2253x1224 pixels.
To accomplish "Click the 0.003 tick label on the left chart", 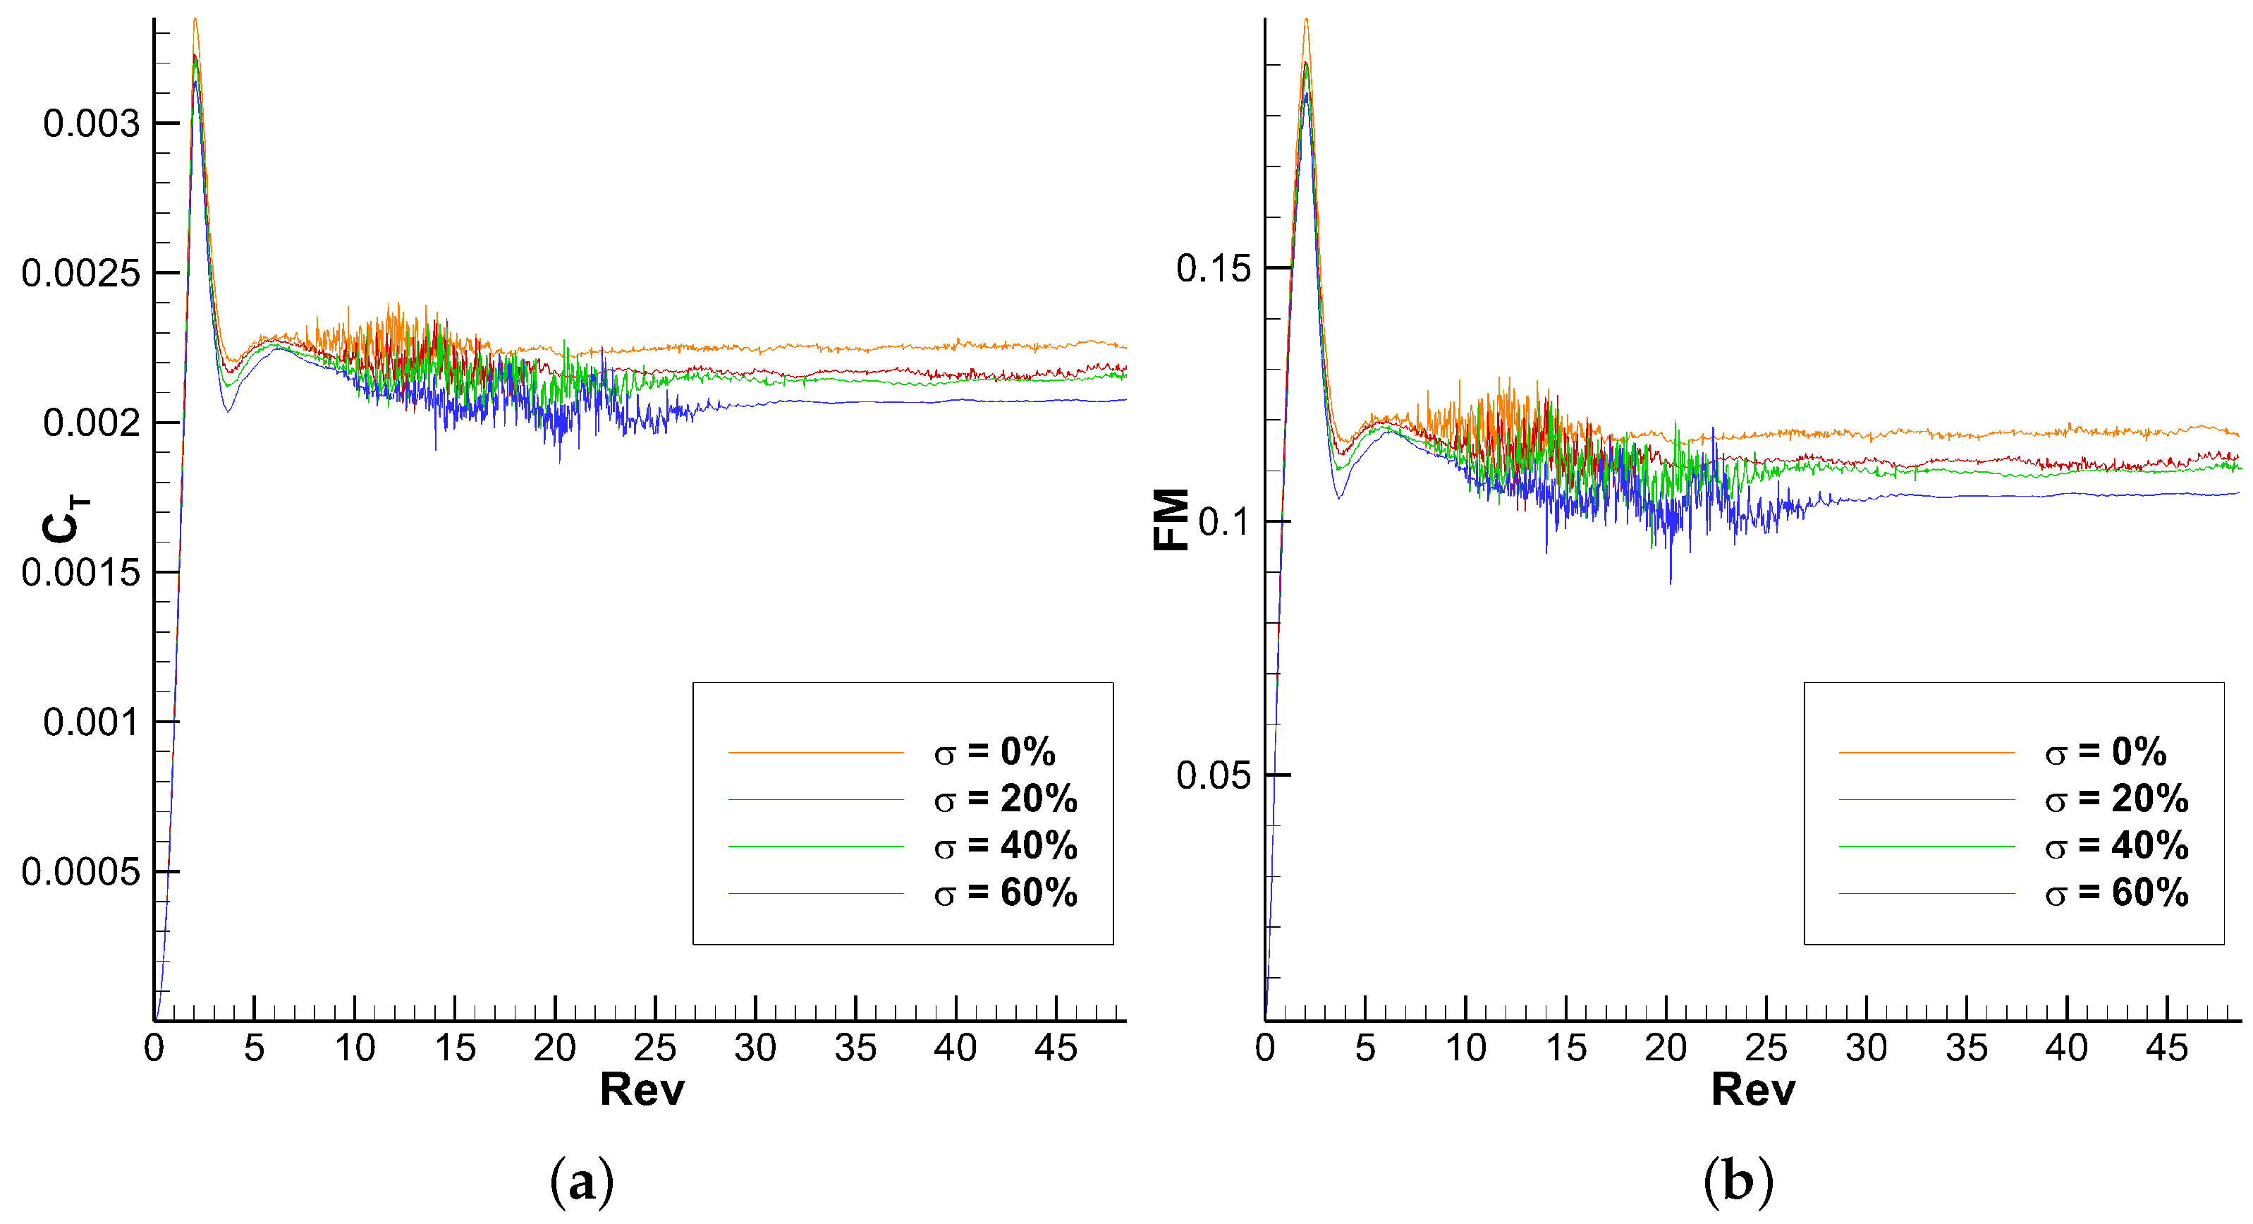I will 91,123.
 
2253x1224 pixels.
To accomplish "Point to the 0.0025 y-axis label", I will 80,274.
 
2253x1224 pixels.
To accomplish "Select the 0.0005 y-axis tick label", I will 80,872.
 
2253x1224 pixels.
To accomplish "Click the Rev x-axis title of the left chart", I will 642,1090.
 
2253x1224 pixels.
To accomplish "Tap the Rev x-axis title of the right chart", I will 1753,1090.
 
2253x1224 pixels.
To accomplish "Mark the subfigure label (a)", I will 582,1182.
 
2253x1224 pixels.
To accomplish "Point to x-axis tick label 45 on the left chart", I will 1056,1048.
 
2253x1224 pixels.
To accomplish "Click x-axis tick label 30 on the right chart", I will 1867,1048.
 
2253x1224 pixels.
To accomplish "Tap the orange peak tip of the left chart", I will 195,19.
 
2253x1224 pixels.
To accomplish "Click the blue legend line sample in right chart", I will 1926,893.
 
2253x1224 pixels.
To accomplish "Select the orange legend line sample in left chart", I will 815,753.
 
